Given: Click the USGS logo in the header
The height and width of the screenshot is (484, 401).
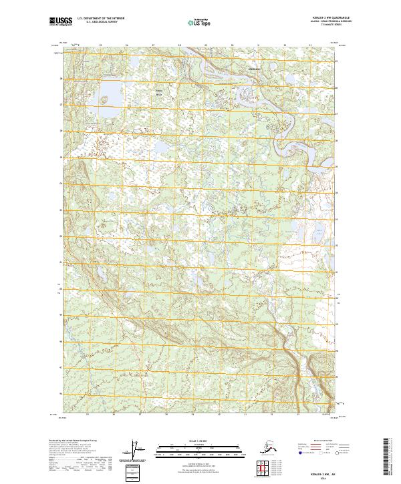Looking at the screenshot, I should point(61,22).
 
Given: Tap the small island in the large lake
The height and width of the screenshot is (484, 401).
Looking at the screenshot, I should point(104,100).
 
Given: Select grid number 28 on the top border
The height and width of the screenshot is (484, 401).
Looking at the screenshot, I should point(179,45).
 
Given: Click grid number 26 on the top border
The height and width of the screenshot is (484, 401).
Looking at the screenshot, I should point(126,45).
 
